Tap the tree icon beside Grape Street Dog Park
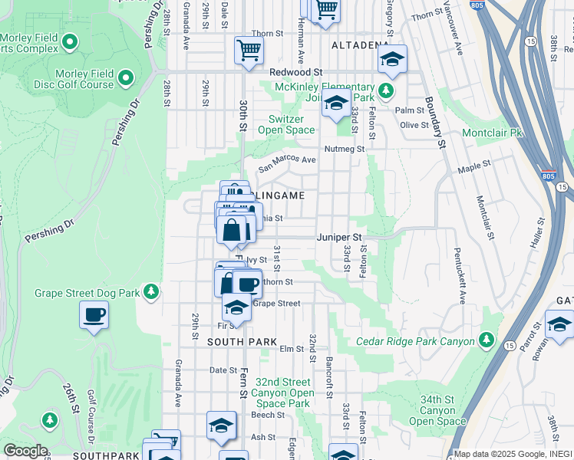pyautogui.click(x=152, y=291)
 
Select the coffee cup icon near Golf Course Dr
pyautogui.click(x=94, y=314)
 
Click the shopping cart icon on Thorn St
pyautogui.click(x=249, y=51)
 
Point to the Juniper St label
pyautogui.click(x=336, y=238)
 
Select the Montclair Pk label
pyautogui.click(x=491, y=133)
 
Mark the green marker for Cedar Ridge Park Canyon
pyautogui.click(x=486, y=338)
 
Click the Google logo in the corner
pyautogui.click(x=25, y=451)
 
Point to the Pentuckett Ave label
pyautogui.click(x=459, y=274)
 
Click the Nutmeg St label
pyautogui.click(x=344, y=148)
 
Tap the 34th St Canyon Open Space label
pyautogui.click(x=437, y=410)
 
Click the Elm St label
pyautogui.click(x=291, y=349)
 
